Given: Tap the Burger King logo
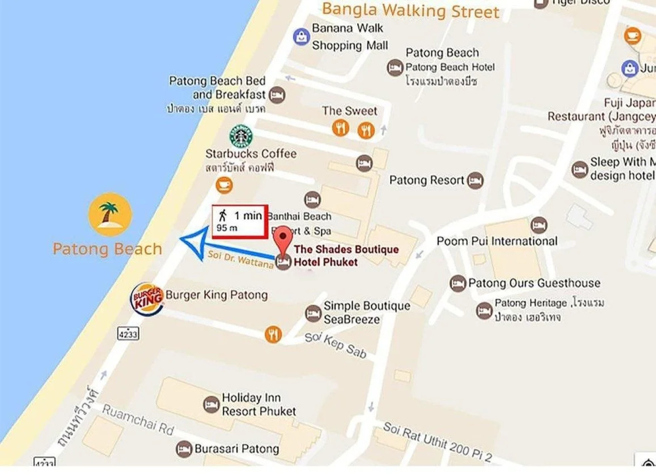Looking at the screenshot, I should [147, 299].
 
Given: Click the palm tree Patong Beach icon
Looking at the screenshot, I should [110, 215].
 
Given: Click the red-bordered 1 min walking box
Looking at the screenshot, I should [240, 222].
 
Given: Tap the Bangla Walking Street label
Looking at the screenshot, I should [410, 11].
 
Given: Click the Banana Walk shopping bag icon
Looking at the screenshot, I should [301, 37].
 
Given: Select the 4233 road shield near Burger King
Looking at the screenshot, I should [128, 334].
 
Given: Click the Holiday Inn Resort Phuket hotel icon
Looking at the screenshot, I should [211, 405].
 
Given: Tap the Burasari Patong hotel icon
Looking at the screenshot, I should [184, 449].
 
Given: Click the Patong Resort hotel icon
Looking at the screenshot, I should [475, 180].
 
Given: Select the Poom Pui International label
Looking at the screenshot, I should [497, 241].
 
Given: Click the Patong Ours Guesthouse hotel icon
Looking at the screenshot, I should [457, 284].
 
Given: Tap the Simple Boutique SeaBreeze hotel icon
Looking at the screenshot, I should [313, 313].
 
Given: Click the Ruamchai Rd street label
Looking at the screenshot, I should [138, 420].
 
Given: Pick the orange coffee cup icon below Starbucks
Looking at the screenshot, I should [224, 185].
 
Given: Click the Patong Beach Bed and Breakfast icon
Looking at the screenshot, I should [277, 95].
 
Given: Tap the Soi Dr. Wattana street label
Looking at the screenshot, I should [240, 259].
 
